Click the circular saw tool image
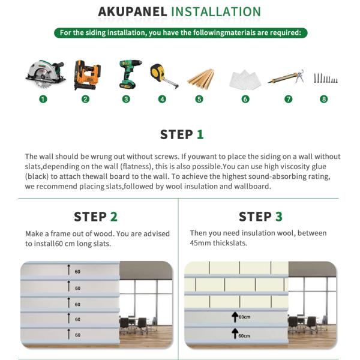point(44,75)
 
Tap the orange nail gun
point(85,74)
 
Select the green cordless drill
point(128,74)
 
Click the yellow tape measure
point(164,75)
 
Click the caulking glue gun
point(286,77)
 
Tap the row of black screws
point(326,78)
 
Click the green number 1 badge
point(43,99)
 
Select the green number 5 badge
point(199,99)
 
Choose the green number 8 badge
point(324,99)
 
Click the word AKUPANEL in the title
point(132,12)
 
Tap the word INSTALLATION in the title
point(216,12)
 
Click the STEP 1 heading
point(182,134)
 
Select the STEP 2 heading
point(95,217)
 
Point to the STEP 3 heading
point(260,217)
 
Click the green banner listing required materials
point(181,32)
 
